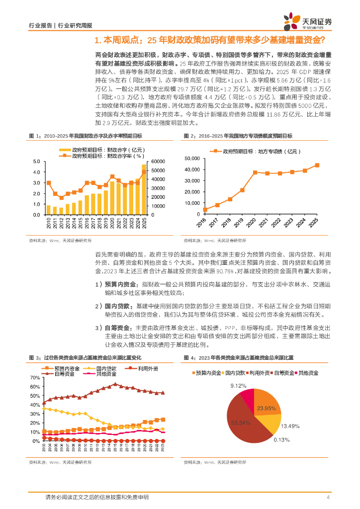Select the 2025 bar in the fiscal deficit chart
coord(144,189)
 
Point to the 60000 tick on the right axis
coord(158,162)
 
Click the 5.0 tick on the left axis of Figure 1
coord(36,162)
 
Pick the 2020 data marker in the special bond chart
coord(255,172)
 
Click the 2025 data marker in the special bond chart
coord(317,166)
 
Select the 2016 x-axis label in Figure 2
coord(202,224)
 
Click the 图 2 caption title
coord(238,136)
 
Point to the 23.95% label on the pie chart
coord(267,409)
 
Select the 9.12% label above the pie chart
coord(238,385)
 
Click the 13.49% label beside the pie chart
coord(290,425)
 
